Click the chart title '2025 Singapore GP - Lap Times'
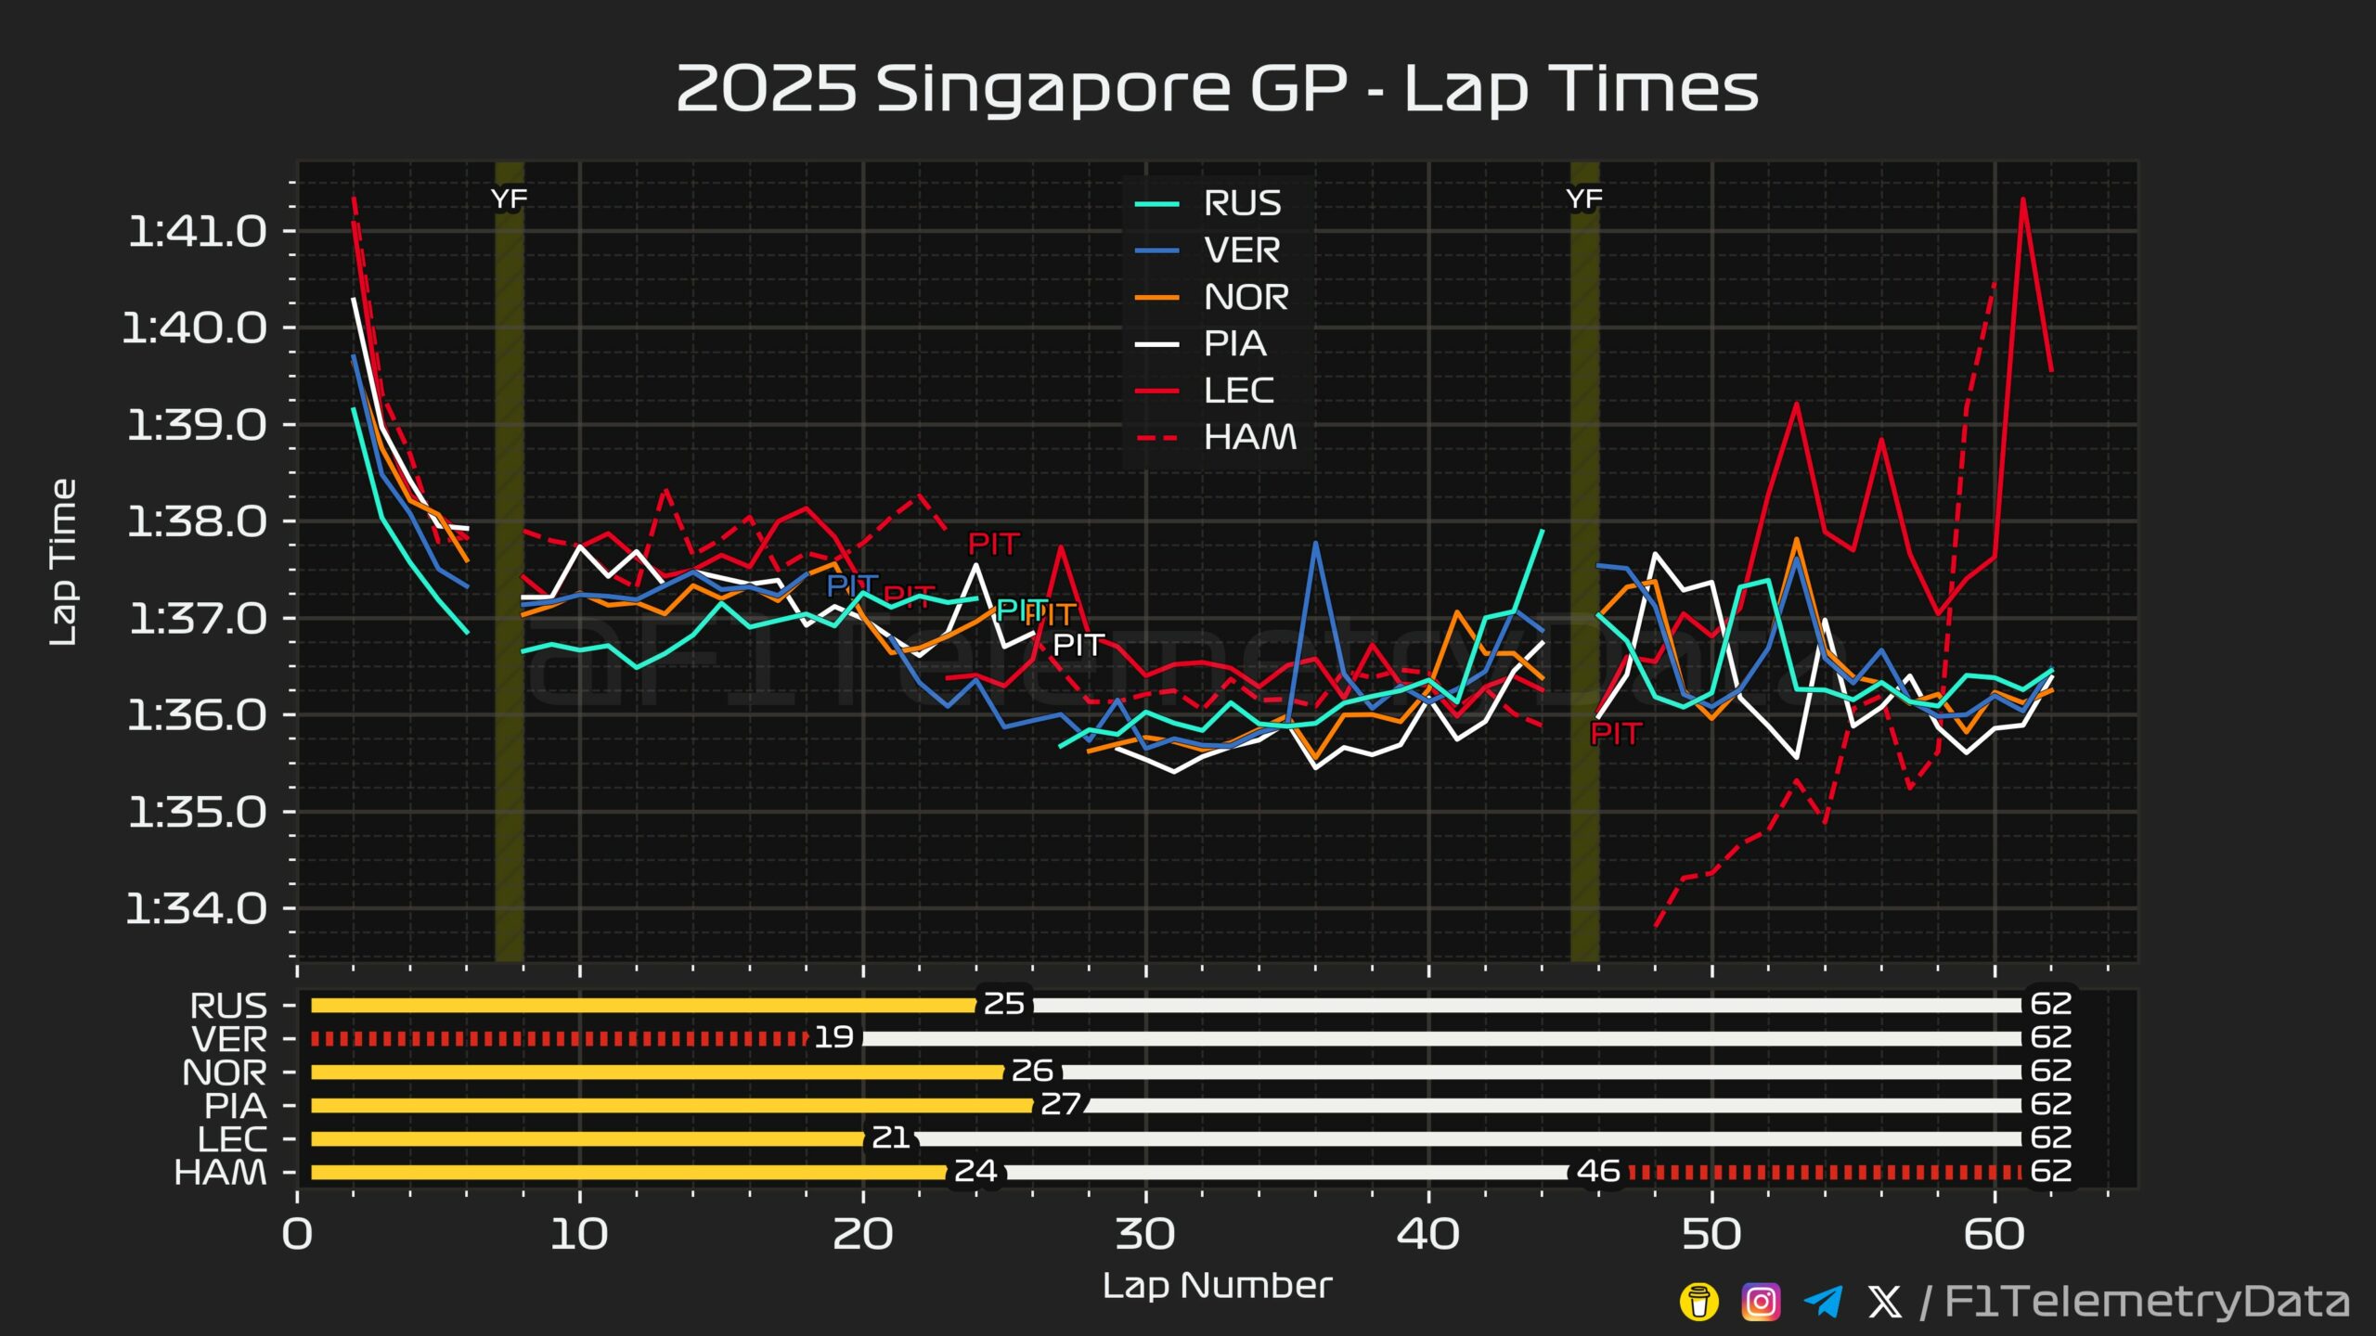[1217, 89]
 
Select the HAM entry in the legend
[1249, 437]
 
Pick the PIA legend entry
[1234, 344]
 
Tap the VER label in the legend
[1241, 250]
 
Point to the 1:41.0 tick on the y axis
[197, 231]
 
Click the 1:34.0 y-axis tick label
[197, 908]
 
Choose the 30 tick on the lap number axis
[1145, 1234]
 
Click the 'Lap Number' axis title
[1217, 1286]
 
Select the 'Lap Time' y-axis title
[63, 562]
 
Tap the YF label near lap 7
[509, 199]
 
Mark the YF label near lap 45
[1583, 199]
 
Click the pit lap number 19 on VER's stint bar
[833, 1037]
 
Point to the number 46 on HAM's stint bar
[1598, 1171]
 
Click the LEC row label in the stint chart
[232, 1139]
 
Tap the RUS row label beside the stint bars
[228, 1006]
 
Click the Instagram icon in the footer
[1761, 1302]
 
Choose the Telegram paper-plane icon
[1823, 1302]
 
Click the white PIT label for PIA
[1078, 645]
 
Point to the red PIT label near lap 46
[1616, 734]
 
